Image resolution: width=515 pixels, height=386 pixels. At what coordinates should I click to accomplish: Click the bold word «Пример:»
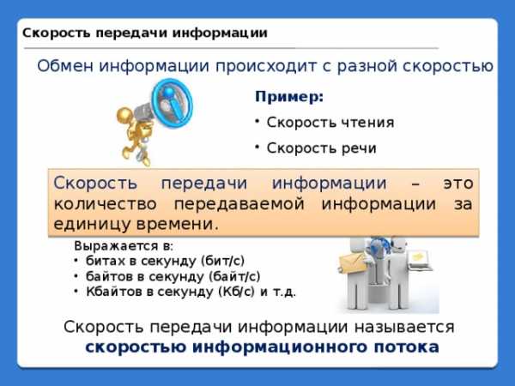289,97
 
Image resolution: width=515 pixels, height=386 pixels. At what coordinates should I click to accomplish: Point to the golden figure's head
124,115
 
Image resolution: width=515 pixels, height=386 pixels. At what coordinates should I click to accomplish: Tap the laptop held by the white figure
420,261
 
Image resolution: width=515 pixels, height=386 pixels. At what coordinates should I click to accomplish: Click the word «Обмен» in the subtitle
65,66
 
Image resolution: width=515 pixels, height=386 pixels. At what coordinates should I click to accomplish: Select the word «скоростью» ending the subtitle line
448,66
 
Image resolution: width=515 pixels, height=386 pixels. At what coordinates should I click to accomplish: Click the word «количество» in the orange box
105,204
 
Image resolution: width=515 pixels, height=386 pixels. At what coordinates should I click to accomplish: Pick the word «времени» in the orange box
178,225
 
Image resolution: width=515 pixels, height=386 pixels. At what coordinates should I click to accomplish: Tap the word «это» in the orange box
458,184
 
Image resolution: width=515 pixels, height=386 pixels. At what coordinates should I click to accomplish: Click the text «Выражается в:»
124,246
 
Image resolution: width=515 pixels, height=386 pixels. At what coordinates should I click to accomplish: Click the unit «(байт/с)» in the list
234,276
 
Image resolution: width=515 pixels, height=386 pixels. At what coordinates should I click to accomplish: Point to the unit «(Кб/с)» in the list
237,292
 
